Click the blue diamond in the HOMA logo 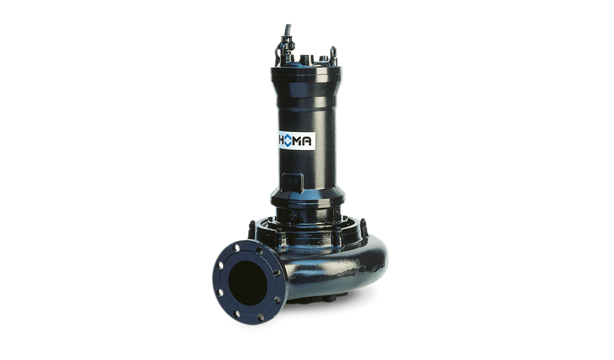tap(288, 140)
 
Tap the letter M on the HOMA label tap(297, 140)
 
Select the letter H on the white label tap(281, 140)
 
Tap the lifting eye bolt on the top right tap(333, 52)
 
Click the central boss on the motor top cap tap(305, 60)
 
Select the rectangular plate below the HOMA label tap(292, 182)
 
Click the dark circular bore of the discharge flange tap(248, 281)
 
